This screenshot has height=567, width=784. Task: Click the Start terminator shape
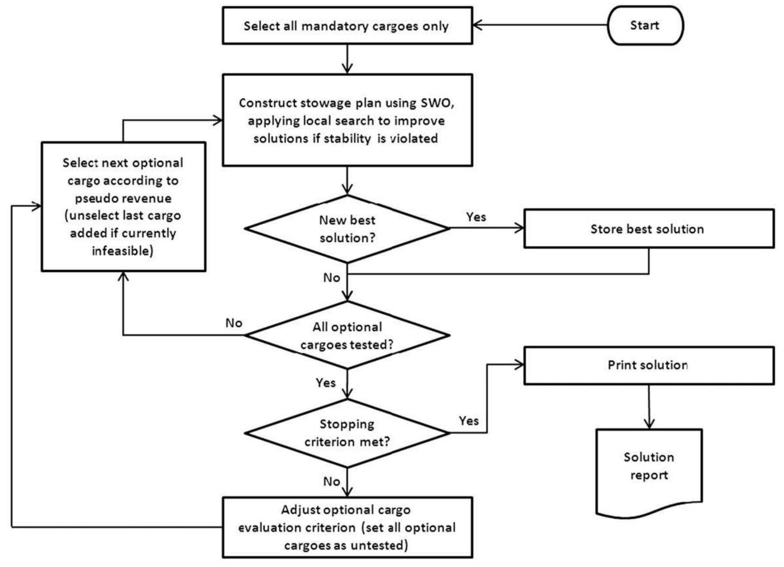(645, 25)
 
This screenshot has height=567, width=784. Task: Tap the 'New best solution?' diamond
(347, 229)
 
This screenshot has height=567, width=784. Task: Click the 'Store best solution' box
(648, 229)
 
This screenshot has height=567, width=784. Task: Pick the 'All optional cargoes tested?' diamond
(347, 335)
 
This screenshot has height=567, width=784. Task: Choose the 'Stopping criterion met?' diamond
(347, 433)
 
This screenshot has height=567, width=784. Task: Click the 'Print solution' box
(648, 365)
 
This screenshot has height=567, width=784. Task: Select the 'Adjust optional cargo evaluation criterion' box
(347, 528)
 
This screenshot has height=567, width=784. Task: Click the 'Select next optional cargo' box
(123, 207)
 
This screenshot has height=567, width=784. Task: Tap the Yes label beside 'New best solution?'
(476, 217)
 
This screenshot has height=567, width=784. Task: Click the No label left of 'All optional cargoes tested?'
(234, 323)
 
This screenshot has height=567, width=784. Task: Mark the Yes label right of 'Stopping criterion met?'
(468, 421)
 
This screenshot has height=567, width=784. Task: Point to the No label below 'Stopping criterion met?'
(331, 481)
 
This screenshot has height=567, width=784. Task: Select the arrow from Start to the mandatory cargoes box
(539, 25)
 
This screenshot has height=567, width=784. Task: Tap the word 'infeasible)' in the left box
(123, 251)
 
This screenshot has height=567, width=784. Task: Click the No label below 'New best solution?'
(331, 278)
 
